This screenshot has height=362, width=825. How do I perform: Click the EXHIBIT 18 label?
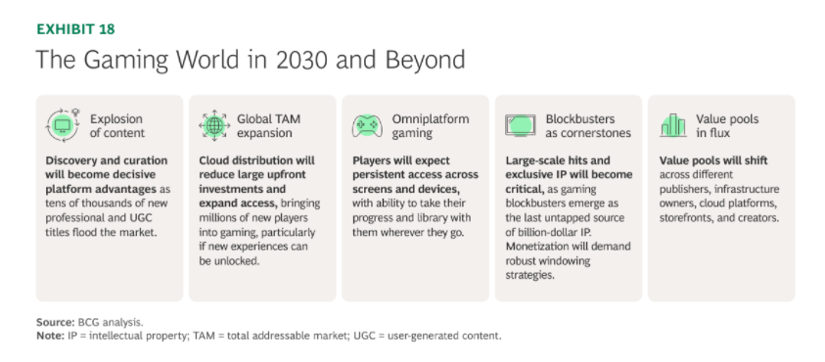[75, 29]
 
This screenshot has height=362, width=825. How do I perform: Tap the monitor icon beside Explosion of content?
[62, 125]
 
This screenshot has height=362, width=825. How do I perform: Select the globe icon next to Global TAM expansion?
[214, 126]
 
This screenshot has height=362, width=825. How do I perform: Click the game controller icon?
[367, 126]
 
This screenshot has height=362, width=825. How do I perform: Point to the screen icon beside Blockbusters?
[521, 126]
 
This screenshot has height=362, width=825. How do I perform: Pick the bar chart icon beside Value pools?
[673, 125]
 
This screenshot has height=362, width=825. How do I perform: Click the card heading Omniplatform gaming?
[430, 126]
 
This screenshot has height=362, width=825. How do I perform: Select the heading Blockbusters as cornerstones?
[588, 126]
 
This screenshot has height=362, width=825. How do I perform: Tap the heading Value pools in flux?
[727, 126]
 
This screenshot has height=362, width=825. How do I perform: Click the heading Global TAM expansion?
[268, 126]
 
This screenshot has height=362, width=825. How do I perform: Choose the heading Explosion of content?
[115, 126]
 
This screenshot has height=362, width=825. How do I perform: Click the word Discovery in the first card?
[69, 161]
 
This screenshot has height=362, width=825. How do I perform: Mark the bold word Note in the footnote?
[51, 336]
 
